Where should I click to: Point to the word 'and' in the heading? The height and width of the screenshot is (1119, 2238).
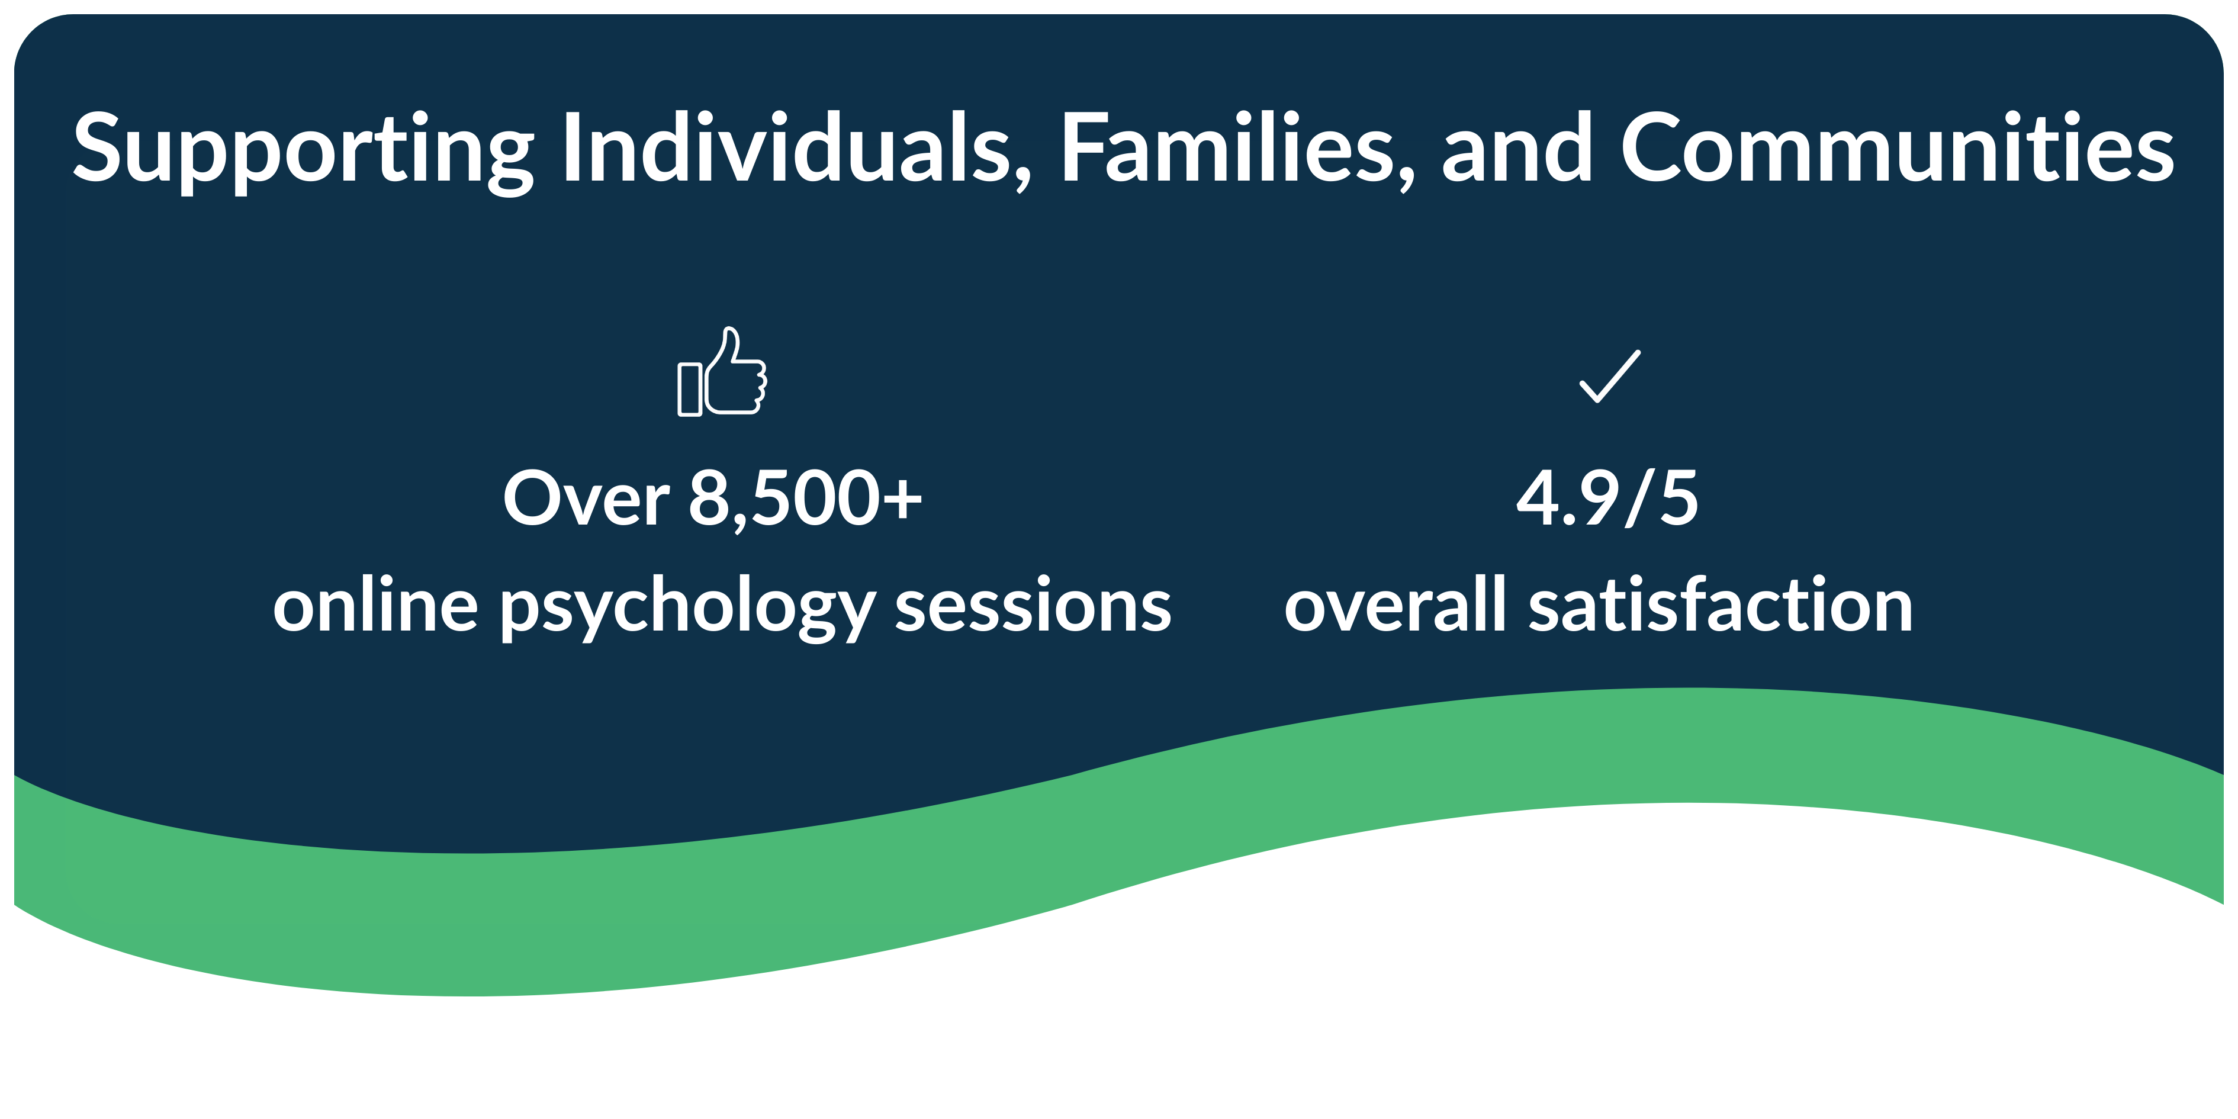[1517, 147]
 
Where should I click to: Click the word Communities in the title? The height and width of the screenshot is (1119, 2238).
[1896, 147]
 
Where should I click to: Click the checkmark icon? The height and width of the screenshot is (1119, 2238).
[1610, 376]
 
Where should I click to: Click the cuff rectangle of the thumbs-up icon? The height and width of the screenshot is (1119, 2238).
[690, 389]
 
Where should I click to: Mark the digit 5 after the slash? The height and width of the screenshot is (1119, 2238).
[1678, 498]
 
